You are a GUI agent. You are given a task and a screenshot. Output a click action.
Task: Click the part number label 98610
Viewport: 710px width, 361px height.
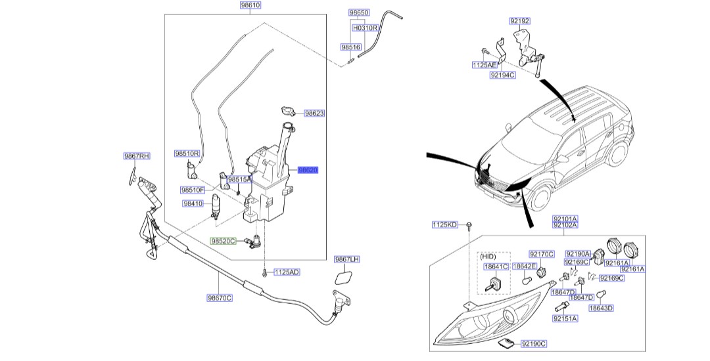click(x=250, y=5)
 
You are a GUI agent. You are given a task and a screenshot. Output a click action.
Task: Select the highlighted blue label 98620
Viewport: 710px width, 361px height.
click(x=308, y=169)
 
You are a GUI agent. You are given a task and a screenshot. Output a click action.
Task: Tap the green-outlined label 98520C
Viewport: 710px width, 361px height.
click(x=223, y=242)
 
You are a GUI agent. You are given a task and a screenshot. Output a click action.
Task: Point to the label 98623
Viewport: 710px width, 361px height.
click(x=314, y=114)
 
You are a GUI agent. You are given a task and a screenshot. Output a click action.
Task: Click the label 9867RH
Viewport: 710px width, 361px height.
click(x=137, y=156)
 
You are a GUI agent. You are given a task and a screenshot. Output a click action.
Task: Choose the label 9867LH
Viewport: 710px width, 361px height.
click(x=347, y=259)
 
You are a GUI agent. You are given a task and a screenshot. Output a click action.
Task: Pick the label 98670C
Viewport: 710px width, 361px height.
click(x=220, y=297)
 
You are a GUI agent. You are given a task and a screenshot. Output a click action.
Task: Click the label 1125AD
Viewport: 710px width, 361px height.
click(x=287, y=272)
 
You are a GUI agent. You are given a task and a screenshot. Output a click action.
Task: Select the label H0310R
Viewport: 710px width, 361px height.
click(x=365, y=29)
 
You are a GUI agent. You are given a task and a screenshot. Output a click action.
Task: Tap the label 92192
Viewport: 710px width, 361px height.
click(x=519, y=21)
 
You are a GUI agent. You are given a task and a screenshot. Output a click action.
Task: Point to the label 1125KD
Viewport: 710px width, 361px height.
click(x=444, y=224)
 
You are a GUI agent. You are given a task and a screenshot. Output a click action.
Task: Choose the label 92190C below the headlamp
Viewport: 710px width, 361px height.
click(x=534, y=343)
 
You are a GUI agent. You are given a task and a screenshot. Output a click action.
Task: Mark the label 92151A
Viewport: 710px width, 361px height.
click(x=564, y=318)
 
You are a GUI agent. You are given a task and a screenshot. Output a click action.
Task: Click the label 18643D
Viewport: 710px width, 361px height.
click(x=600, y=308)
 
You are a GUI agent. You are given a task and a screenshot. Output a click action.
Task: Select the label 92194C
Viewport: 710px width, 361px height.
click(x=503, y=75)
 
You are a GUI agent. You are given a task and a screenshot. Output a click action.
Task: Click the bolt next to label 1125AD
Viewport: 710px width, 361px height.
click(x=264, y=270)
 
